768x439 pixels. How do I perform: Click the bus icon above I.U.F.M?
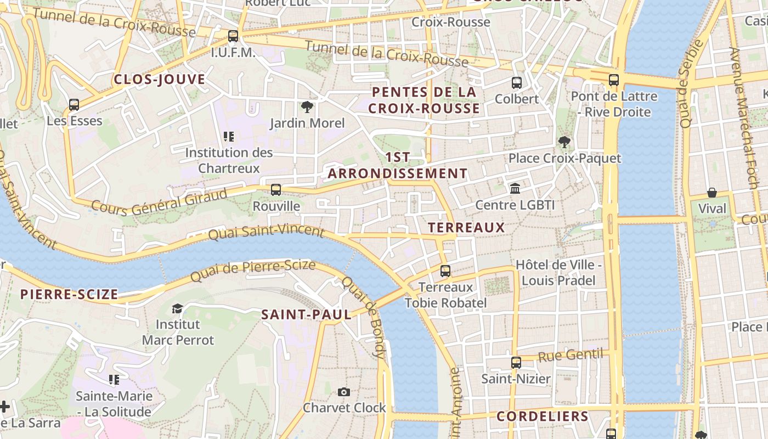click(233, 36)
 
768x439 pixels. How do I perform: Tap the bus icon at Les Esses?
click(74, 104)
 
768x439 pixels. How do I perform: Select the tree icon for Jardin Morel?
click(307, 107)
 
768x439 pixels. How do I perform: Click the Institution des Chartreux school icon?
click(228, 136)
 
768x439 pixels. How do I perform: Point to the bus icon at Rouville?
click(276, 190)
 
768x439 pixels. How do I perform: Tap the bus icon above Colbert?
click(516, 83)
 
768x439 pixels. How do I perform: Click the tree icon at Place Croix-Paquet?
click(564, 142)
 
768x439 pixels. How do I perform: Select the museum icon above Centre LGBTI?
click(515, 189)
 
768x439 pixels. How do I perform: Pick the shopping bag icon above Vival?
click(711, 192)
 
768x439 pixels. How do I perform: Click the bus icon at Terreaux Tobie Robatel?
click(445, 271)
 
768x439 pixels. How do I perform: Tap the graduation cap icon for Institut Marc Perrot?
click(177, 308)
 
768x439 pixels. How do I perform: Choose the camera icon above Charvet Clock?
click(344, 392)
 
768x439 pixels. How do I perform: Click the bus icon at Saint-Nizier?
click(516, 362)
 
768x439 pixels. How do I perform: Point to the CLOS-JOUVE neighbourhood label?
click(159, 80)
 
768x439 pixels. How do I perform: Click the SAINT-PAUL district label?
click(306, 314)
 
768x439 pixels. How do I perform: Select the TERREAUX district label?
click(466, 227)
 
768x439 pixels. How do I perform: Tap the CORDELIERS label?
click(542, 416)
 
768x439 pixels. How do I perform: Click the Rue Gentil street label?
click(570, 356)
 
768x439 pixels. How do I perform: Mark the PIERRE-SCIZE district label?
click(69, 294)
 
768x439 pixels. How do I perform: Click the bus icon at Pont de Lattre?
click(614, 80)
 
